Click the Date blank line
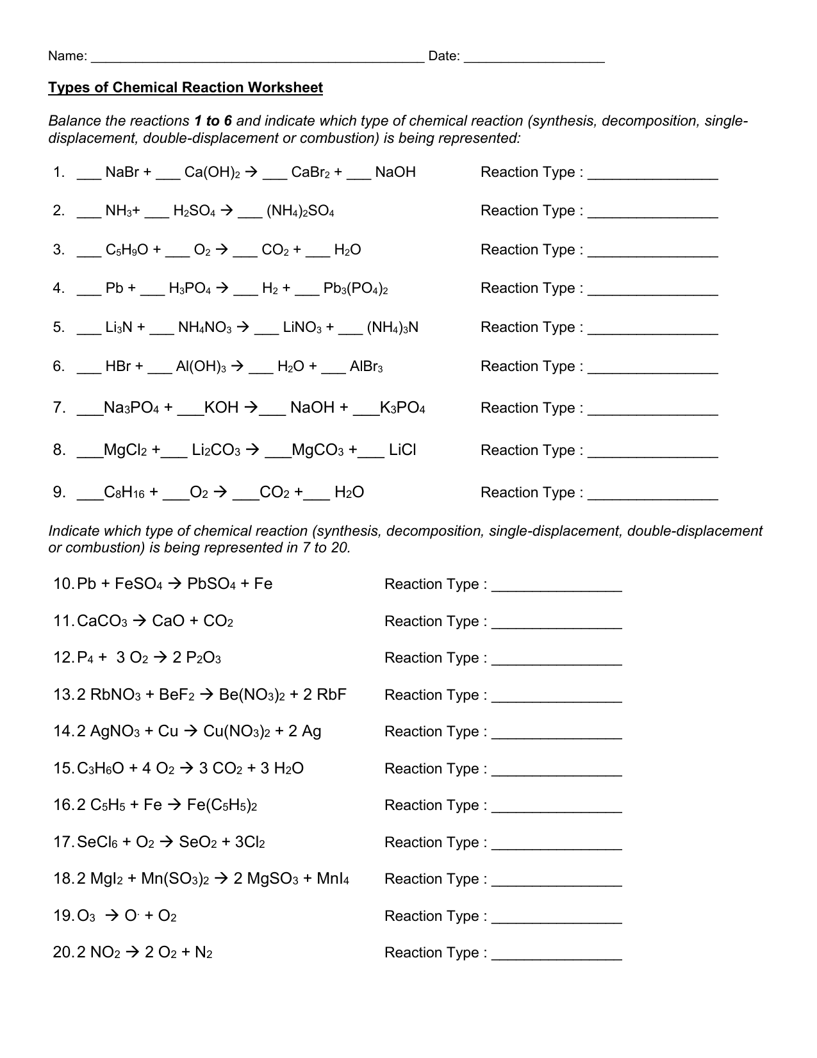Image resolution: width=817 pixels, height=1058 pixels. coord(534,59)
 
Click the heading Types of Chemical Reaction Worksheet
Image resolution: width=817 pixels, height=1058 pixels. coord(185,88)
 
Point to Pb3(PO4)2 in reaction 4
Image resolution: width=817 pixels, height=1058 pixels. coord(356,289)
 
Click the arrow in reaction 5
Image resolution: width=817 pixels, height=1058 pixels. coord(243,327)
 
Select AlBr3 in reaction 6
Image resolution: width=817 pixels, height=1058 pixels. coord(366,367)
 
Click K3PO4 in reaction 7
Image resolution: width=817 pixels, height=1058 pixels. coord(402,408)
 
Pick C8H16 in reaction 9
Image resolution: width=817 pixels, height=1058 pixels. coord(126,493)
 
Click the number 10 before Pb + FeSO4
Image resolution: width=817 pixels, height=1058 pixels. coord(64,584)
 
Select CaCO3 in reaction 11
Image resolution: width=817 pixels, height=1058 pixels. coord(102,622)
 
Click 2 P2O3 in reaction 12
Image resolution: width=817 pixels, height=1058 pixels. coord(197,658)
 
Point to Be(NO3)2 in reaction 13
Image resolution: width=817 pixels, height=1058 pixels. coord(251,695)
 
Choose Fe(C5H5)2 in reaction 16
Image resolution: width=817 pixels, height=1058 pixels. coord(222,806)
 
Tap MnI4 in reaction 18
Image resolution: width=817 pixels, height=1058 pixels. coord(333,879)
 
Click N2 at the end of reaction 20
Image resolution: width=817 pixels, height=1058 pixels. coord(203,953)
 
